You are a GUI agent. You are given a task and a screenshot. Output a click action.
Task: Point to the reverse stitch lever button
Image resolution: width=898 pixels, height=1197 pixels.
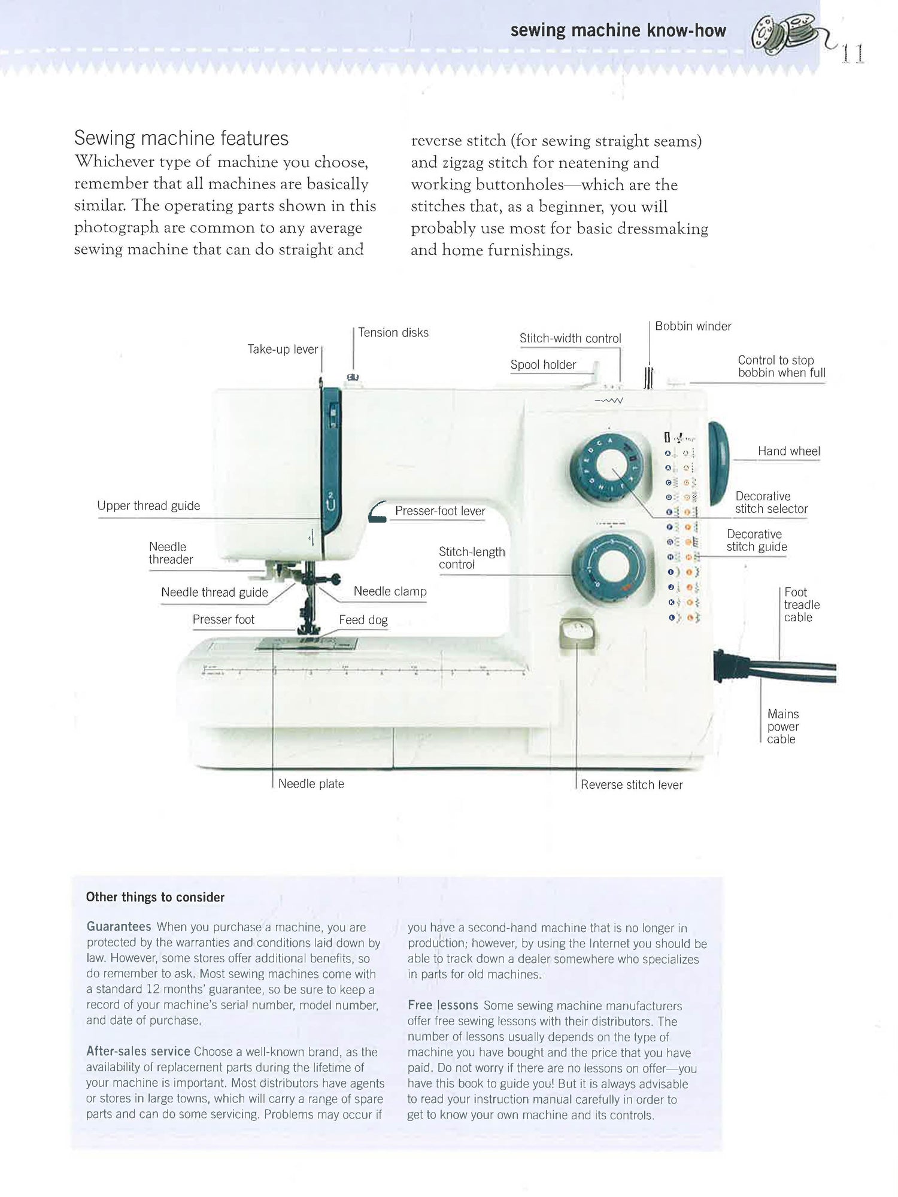pos(577,633)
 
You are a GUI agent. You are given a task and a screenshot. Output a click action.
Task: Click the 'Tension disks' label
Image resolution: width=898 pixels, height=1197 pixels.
pos(393,333)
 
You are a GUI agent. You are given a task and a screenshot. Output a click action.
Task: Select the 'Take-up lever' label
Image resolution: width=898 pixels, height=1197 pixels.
pos(283,350)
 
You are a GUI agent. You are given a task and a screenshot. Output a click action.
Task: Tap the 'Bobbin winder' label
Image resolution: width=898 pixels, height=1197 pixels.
pos(693,326)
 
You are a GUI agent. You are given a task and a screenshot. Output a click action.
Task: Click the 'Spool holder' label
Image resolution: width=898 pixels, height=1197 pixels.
pos(543,364)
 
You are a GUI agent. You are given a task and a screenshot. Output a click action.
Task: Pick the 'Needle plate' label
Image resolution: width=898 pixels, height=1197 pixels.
pos(311,783)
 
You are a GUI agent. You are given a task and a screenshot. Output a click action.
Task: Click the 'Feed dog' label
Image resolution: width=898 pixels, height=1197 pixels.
pos(363,620)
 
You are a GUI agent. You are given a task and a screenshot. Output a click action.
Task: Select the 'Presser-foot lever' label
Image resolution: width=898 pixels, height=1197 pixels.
pos(439,511)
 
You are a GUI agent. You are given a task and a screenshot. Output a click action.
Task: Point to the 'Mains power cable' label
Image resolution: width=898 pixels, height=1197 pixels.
pos(782,727)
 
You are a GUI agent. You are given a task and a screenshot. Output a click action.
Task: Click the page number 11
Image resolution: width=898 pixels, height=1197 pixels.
pos(853,54)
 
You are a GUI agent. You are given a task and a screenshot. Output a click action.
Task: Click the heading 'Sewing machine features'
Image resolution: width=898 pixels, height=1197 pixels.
pos(181,139)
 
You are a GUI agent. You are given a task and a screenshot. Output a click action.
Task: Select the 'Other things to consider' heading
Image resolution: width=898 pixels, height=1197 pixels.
pos(155,897)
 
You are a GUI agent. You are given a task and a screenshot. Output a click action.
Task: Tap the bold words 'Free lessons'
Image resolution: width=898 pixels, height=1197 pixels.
pos(442,1005)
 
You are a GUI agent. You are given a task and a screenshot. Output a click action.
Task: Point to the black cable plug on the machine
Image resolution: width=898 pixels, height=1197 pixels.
pos(726,666)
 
